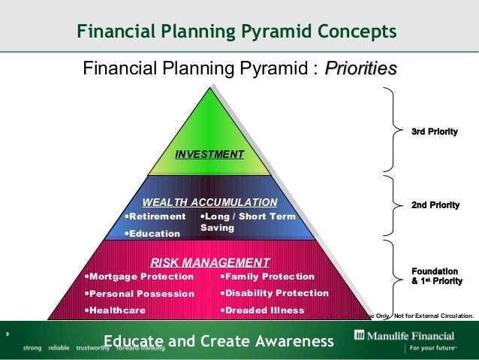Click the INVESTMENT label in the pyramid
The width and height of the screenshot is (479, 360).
[x=209, y=154]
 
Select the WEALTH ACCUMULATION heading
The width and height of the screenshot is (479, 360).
[x=210, y=202]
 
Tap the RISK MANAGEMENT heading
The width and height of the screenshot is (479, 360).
[x=210, y=262]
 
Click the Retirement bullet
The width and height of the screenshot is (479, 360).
[x=154, y=216]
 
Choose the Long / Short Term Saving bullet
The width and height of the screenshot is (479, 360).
[x=247, y=222]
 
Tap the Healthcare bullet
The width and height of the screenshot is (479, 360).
[x=113, y=310]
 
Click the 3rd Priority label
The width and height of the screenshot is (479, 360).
[x=435, y=132]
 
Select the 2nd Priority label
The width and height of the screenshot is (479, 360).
[x=435, y=204]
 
